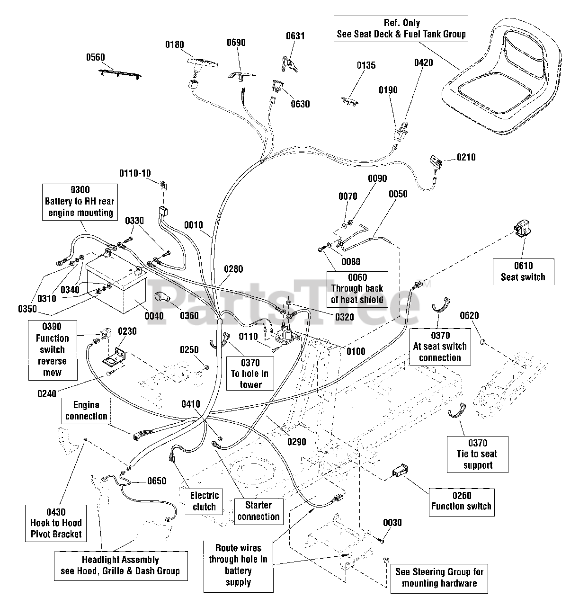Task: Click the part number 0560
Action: click(x=95, y=57)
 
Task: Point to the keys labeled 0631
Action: click(x=290, y=64)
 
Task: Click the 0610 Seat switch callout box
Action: click(x=523, y=272)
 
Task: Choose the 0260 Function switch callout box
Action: click(x=461, y=502)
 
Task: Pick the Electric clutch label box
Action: click(x=204, y=501)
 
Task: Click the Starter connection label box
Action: click(x=258, y=511)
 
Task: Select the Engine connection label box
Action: click(x=86, y=410)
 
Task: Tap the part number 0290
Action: click(x=296, y=442)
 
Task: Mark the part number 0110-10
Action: click(x=135, y=173)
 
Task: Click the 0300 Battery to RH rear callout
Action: click(x=80, y=202)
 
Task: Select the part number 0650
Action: click(x=157, y=481)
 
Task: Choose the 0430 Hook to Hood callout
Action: click(x=56, y=523)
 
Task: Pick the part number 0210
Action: click(x=466, y=157)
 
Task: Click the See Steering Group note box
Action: click(x=439, y=578)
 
